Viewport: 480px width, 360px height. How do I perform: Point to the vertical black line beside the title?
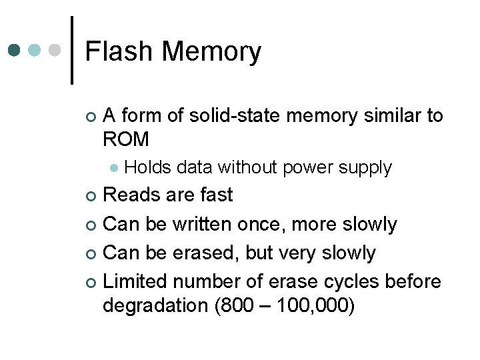click(x=71, y=51)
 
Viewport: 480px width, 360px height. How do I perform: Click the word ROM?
click(x=126, y=139)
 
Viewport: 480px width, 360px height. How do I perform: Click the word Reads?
click(x=132, y=195)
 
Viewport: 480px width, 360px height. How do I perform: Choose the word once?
click(x=273, y=225)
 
